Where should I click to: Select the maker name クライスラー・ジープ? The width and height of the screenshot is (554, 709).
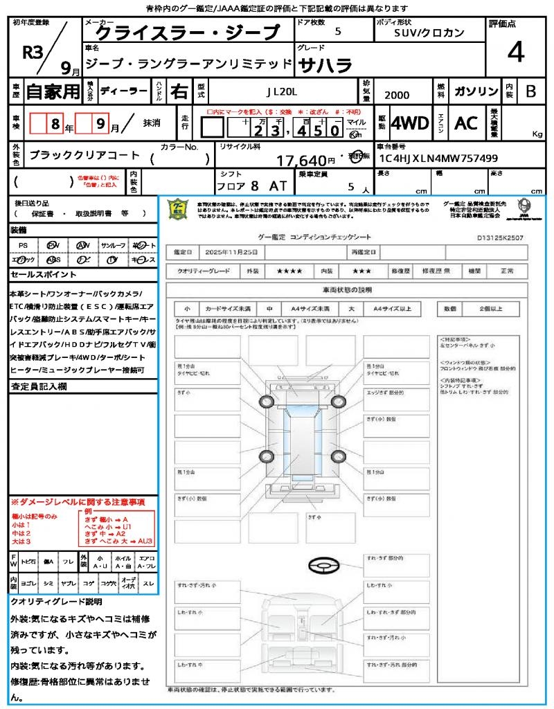[x=186, y=33]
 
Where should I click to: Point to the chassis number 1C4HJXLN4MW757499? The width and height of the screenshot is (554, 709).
[x=438, y=158]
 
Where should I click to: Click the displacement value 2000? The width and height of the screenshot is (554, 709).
[x=397, y=96]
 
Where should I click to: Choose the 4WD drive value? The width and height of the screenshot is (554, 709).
[x=410, y=123]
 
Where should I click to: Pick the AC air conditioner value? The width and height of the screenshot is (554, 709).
[x=466, y=123]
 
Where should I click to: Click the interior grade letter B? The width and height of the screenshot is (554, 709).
[x=530, y=91]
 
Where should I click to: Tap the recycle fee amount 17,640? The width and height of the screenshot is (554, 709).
[x=301, y=161]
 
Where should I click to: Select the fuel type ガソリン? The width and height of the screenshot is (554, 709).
[x=475, y=91]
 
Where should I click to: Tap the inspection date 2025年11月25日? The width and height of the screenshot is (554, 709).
[x=235, y=251]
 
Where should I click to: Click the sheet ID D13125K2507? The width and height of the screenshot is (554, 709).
[x=500, y=237]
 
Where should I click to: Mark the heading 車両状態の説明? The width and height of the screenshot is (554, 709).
[x=357, y=289]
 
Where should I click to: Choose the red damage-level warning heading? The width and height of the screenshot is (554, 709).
[x=78, y=501]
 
